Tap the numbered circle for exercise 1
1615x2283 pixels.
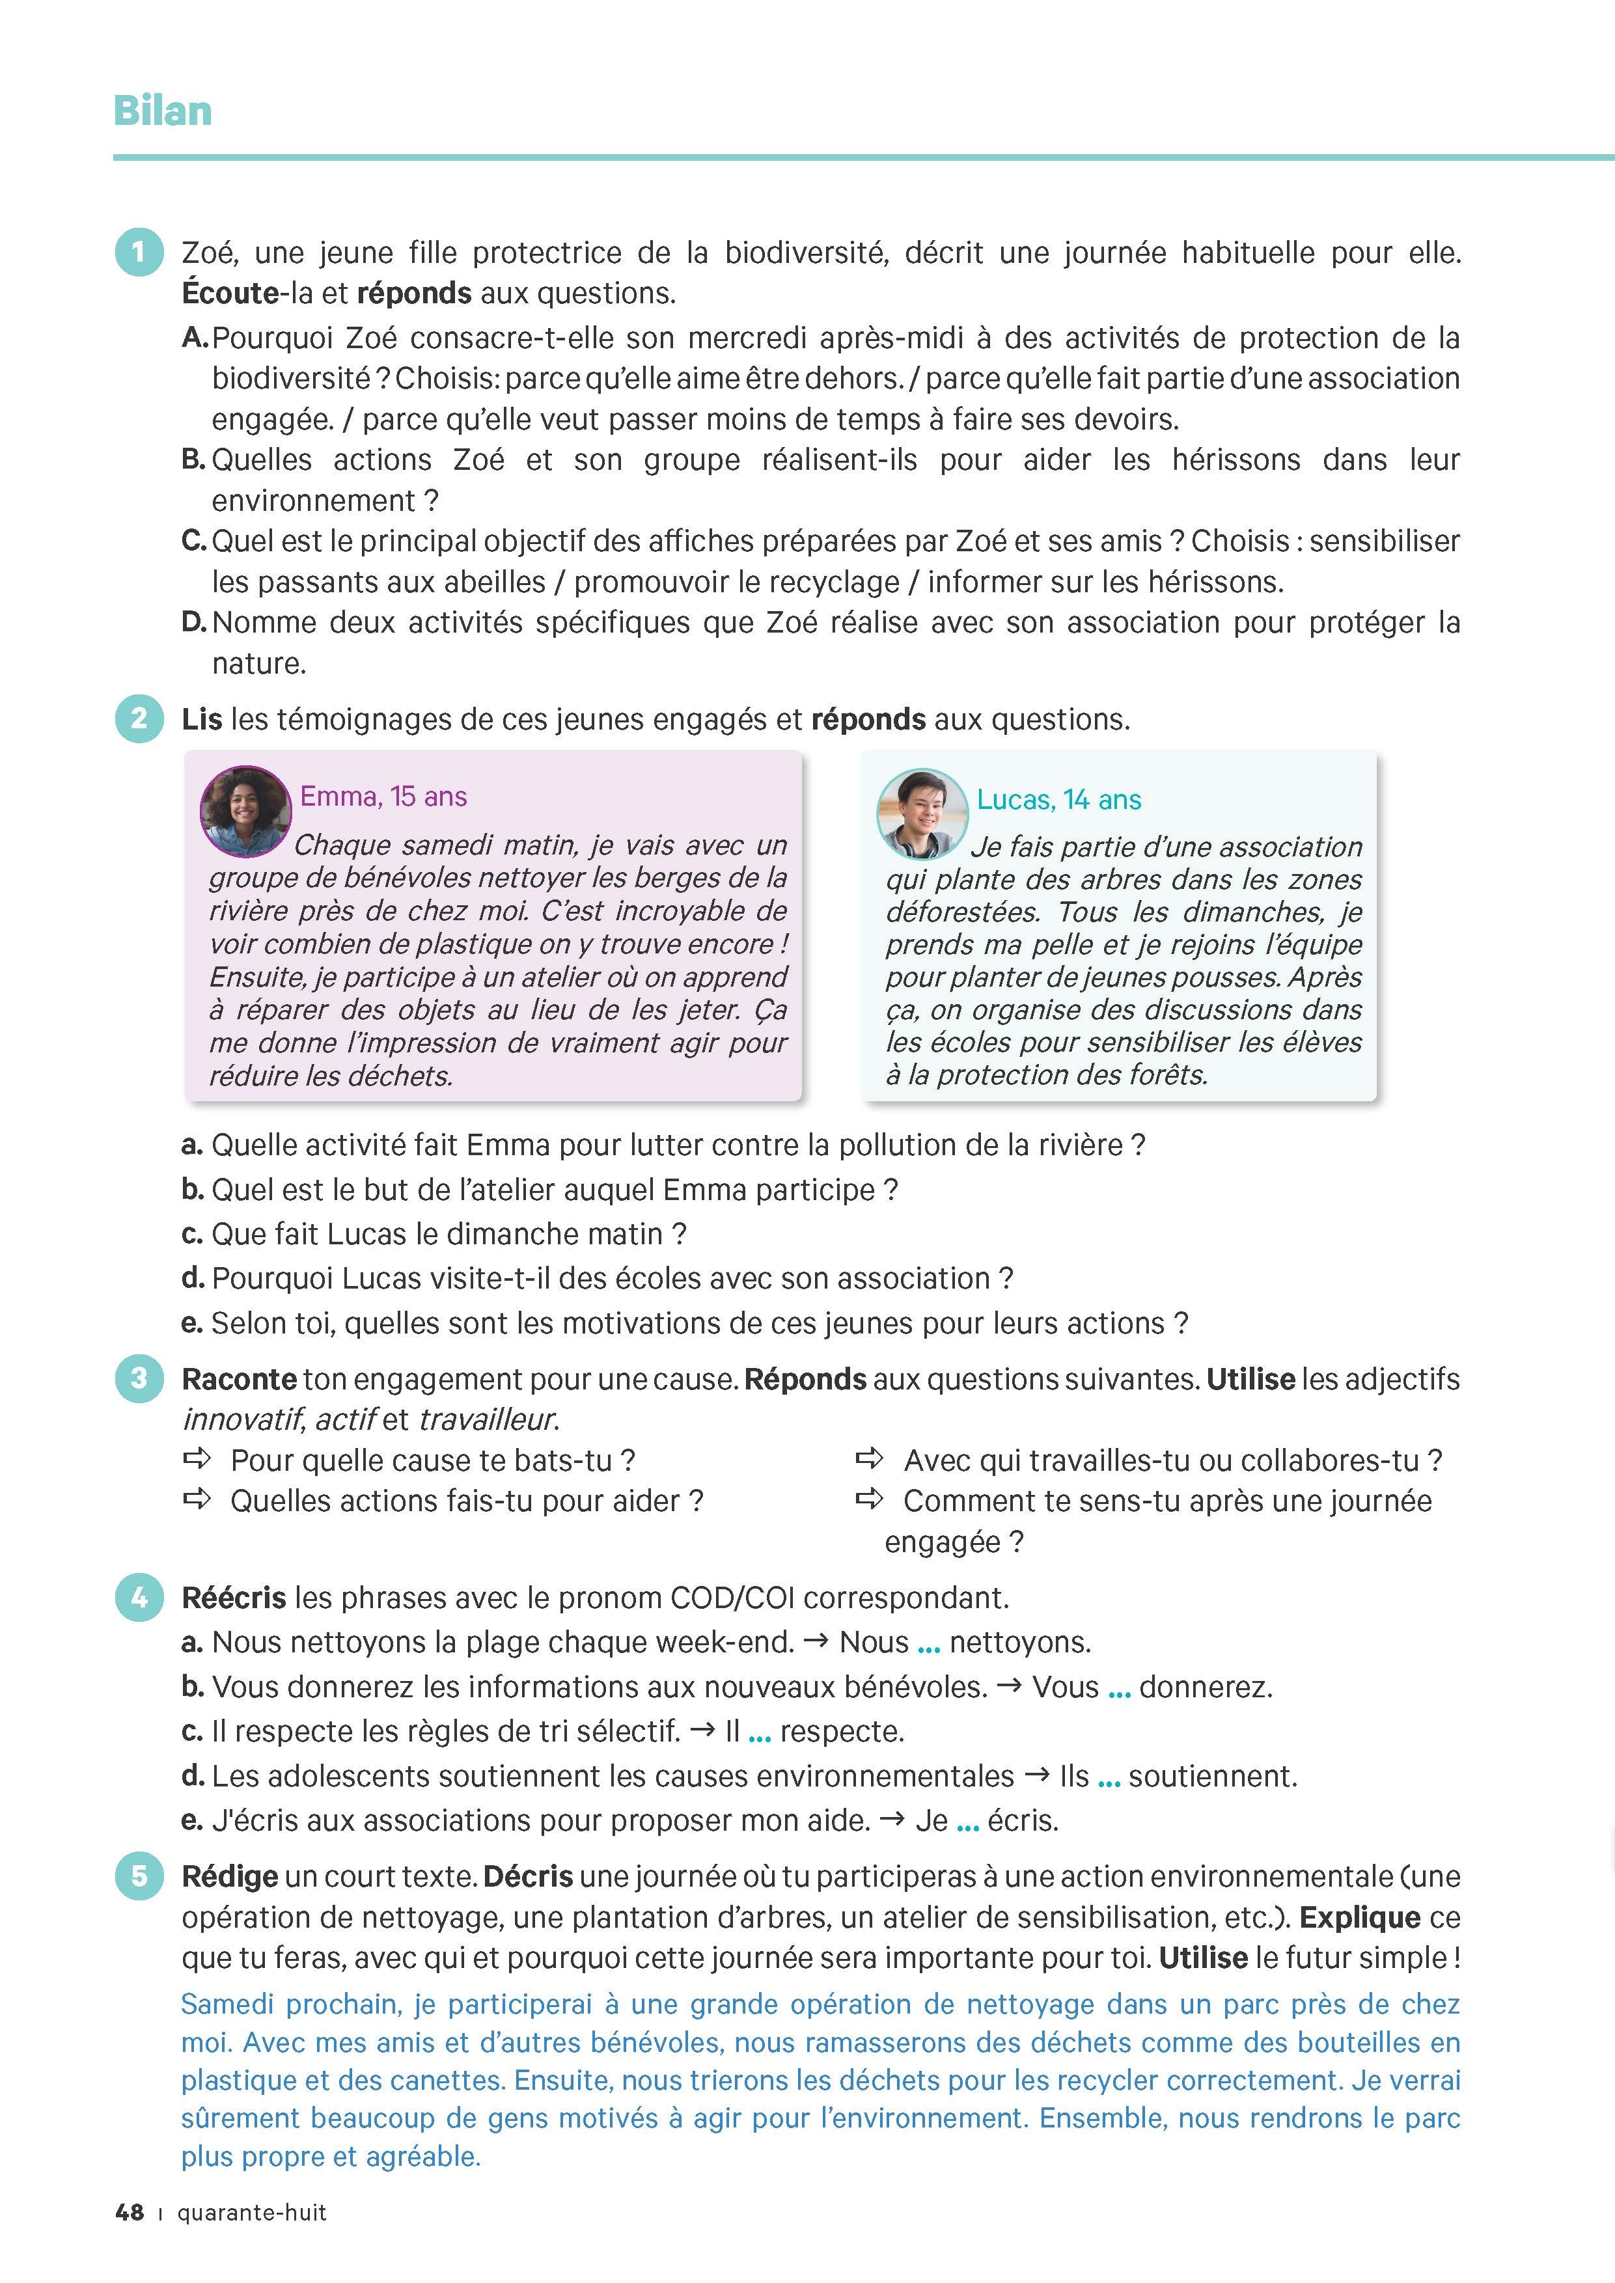(x=139, y=253)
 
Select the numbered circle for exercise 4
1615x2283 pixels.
(x=139, y=1598)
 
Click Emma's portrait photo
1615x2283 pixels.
(x=245, y=812)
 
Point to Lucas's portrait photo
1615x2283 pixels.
(x=922, y=813)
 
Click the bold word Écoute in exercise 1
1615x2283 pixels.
(x=230, y=294)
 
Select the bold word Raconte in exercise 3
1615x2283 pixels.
(x=239, y=1379)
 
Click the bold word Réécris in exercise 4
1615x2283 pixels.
(x=234, y=1598)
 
